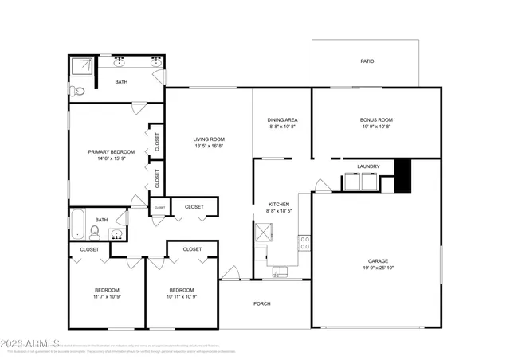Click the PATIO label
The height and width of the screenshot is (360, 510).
(x=367, y=61)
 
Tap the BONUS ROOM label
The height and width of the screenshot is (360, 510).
(x=376, y=120)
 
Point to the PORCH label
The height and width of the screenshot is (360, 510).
(x=262, y=303)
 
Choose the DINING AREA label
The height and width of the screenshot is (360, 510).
(x=282, y=120)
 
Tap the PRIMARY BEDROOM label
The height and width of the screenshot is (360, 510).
(x=111, y=151)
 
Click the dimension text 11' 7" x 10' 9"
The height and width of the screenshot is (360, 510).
(x=107, y=296)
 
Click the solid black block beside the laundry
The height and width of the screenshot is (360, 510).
(x=402, y=174)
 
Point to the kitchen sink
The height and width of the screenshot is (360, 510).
(x=277, y=273)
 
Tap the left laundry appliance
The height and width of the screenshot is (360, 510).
(x=351, y=182)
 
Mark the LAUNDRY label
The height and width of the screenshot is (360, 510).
(x=368, y=166)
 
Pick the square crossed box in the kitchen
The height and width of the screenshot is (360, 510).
(x=264, y=233)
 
